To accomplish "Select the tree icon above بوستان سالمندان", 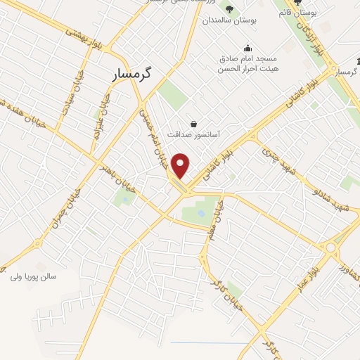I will coord(230,8).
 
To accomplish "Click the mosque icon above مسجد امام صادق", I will coord(247,48).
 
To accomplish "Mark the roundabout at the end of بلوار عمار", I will coord(330,247).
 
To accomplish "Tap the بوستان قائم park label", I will coord(294,13).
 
